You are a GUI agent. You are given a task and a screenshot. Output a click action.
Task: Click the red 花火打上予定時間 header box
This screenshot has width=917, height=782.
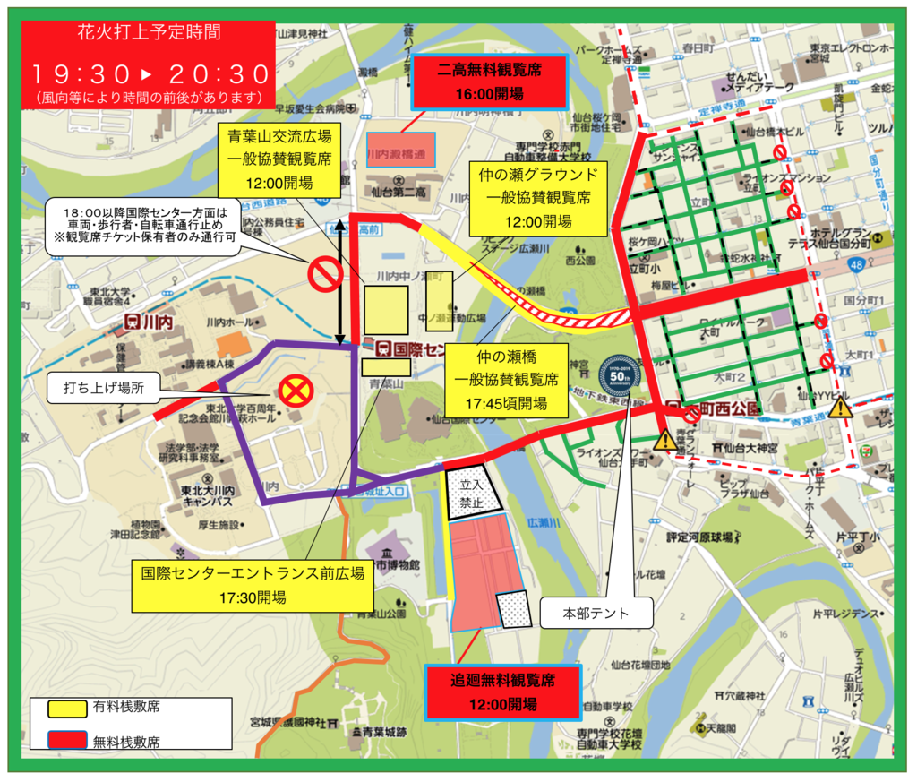[149, 64]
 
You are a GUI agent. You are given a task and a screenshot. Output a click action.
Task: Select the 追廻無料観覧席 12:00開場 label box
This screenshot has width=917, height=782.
[502, 692]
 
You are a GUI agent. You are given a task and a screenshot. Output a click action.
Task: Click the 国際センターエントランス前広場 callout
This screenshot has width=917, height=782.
[251, 585]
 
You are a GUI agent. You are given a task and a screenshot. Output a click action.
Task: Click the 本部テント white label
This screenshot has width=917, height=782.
[596, 614]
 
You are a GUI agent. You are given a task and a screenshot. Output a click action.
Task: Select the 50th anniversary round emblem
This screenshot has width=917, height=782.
[619, 375]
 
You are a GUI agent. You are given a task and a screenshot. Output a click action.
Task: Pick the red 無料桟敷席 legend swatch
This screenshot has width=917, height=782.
[68, 740]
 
